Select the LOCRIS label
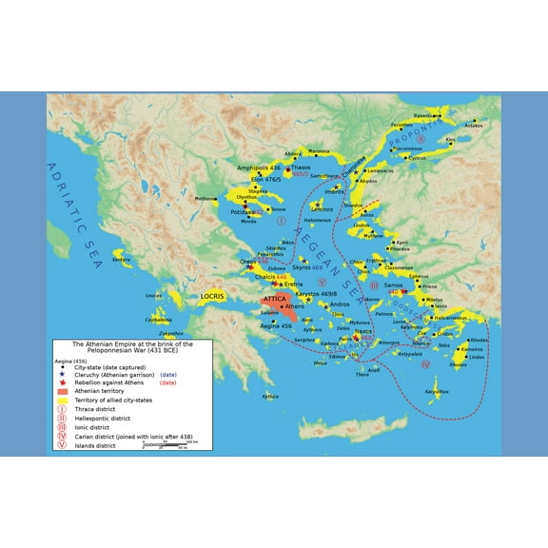pyautogui.click(x=213, y=296)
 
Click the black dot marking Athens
pyautogui.click(x=282, y=306)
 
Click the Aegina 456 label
pyautogui.click(x=276, y=325)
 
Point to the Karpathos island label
pyautogui.click(x=437, y=391)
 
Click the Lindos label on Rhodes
pyautogui.click(x=477, y=357)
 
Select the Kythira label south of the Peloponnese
pyautogui.click(x=271, y=396)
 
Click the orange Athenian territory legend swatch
pyautogui.click(x=63, y=391)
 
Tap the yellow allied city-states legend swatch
pyautogui.click(x=63, y=401)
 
